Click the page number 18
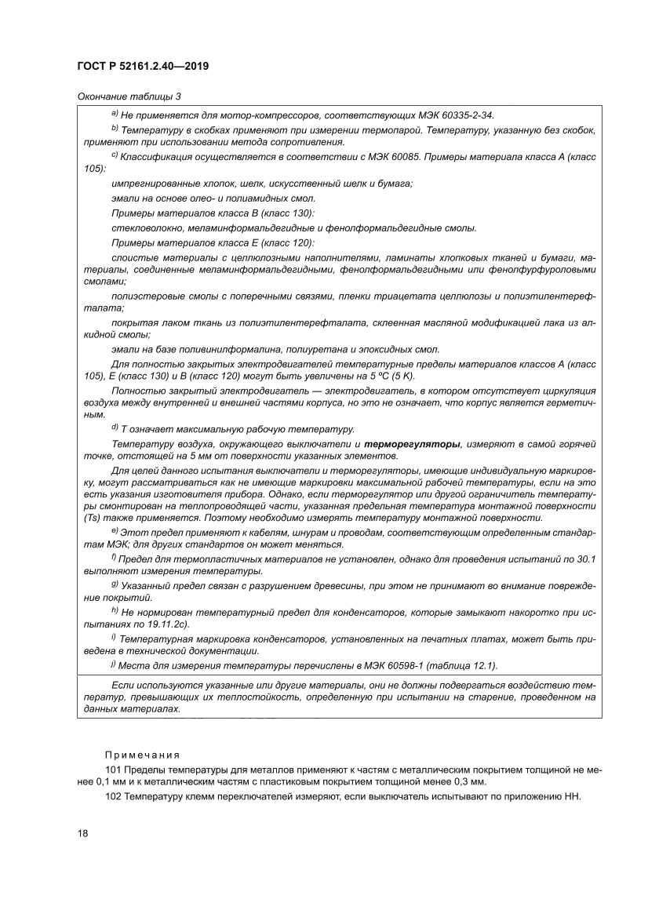[83, 833]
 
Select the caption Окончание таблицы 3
[129, 96]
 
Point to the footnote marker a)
[115, 114]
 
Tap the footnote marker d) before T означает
[115, 428]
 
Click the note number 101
[113, 771]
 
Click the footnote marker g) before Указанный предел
[115, 584]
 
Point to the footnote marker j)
[115, 665]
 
